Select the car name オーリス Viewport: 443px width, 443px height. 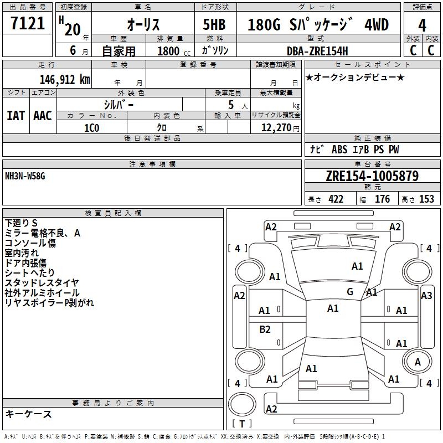click(x=143, y=25)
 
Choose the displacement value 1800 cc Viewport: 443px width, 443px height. click(x=170, y=51)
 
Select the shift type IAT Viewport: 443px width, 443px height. click(x=16, y=116)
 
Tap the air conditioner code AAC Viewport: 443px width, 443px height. click(x=43, y=116)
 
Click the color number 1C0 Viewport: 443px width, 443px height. click(x=91, y=127)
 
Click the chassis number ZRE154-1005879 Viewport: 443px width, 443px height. click(x=372, y=177)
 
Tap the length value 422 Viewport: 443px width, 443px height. click(x=336, y=199)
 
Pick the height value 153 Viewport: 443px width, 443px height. click(x=426, y=199)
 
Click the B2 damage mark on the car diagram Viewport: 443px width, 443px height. click(x=265, y=329)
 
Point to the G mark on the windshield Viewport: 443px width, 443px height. click(x=350, y=292)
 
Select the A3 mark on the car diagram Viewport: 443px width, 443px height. click(x=426, y=296)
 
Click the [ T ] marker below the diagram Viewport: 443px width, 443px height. click(x=241, y=424)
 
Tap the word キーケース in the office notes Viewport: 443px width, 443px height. click(x=28, y=414)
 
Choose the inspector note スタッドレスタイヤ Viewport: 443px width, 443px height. click(x=42, y=283)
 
